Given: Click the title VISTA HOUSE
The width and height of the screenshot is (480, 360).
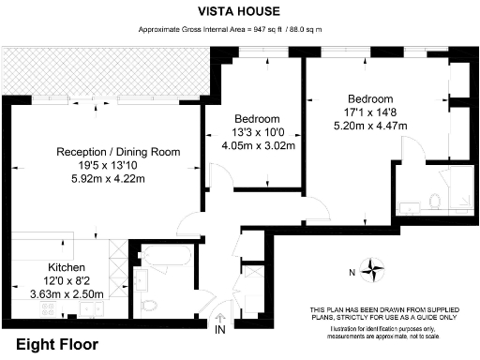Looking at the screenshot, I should (x=239, y=11).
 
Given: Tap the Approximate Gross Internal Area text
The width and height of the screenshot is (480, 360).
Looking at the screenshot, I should (x=239, y=30).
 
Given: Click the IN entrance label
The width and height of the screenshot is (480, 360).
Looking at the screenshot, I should (x=220, y=331).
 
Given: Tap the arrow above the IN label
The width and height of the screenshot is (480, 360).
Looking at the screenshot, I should (x=220, y=317).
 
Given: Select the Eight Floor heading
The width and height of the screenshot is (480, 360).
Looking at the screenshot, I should (x=57, y=345).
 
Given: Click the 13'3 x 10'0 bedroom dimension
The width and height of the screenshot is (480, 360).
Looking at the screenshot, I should (x=257, y=132).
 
